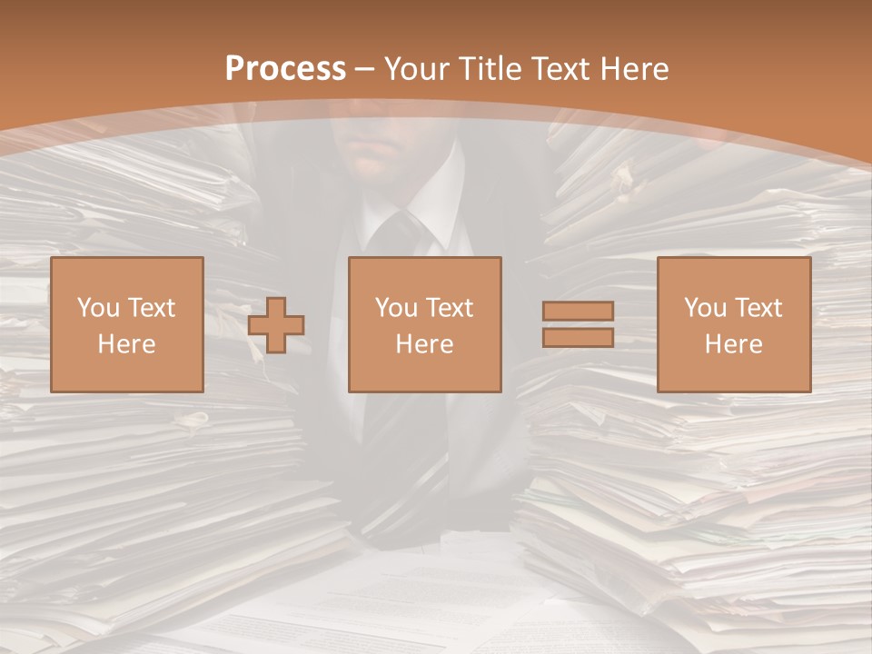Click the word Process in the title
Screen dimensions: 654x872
click(x=285, y=69)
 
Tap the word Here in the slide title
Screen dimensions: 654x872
click(x=631, y=69)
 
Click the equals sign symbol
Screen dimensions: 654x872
click(x=578, y=324)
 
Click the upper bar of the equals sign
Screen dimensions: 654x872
click(x=578, y=311)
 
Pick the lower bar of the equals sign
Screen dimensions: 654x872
click(x=578, y=337)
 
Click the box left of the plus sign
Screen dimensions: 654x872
click(x=126, y=324)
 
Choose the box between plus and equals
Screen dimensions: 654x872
click(x=424, y=324)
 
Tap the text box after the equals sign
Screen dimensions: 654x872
click(x=733, y=324)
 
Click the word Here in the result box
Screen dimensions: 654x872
click(x=733, y=344)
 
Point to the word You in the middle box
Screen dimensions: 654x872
click(x=395, y=308)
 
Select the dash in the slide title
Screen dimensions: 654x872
click(x=364, y=69)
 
